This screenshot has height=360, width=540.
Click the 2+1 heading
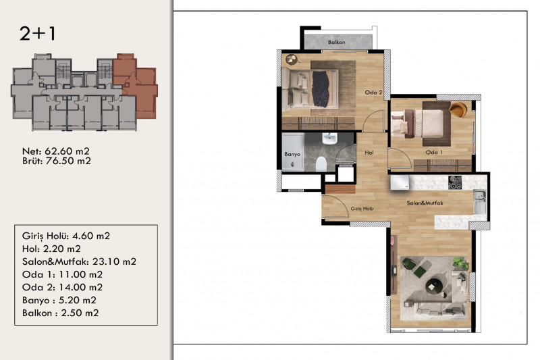pyautogui.click(x=37, y=34)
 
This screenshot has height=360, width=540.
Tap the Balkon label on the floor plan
pyautogui.click(x=336, y=43)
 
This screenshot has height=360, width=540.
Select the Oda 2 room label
pyautogui.click(x=374, y=93)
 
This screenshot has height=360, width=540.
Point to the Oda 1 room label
pyautogui.click(x=434, y=152)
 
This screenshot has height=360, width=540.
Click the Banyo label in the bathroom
pyautogui.click(x=292, y=155)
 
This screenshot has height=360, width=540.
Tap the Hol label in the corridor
pyautogui.click(x=369, y=153)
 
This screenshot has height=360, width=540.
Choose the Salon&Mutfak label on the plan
pyautogui.click(x=425, y=203)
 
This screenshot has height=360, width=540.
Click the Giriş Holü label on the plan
pyautogui.click(x=362, y=209)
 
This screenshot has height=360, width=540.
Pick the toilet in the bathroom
pyautogui.click(x=321, y=164)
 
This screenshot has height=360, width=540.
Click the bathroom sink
pyautogui.click(x=329, y=138)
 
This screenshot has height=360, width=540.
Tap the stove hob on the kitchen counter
pyautogui.click(x=455, y=182)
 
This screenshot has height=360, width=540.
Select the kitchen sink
pyautogui.click(x=479, y=201)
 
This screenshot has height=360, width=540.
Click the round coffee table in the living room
pyautogui.click(x=434, y=286)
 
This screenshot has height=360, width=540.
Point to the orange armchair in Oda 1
pyautogui.click(x=458, y=109)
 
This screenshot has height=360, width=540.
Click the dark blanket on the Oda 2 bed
pyautogui.click(x=320, y=89)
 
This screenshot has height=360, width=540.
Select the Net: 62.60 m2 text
pyautogui.click(x=56, y=151)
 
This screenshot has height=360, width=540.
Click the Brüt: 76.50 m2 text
pyautogui.click(x=57, y=161)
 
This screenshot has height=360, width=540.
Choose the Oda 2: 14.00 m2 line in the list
pyautogui.click(x=62, y=287)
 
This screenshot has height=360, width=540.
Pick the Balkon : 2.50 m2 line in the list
pyautogui.click(x=60, y=313)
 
